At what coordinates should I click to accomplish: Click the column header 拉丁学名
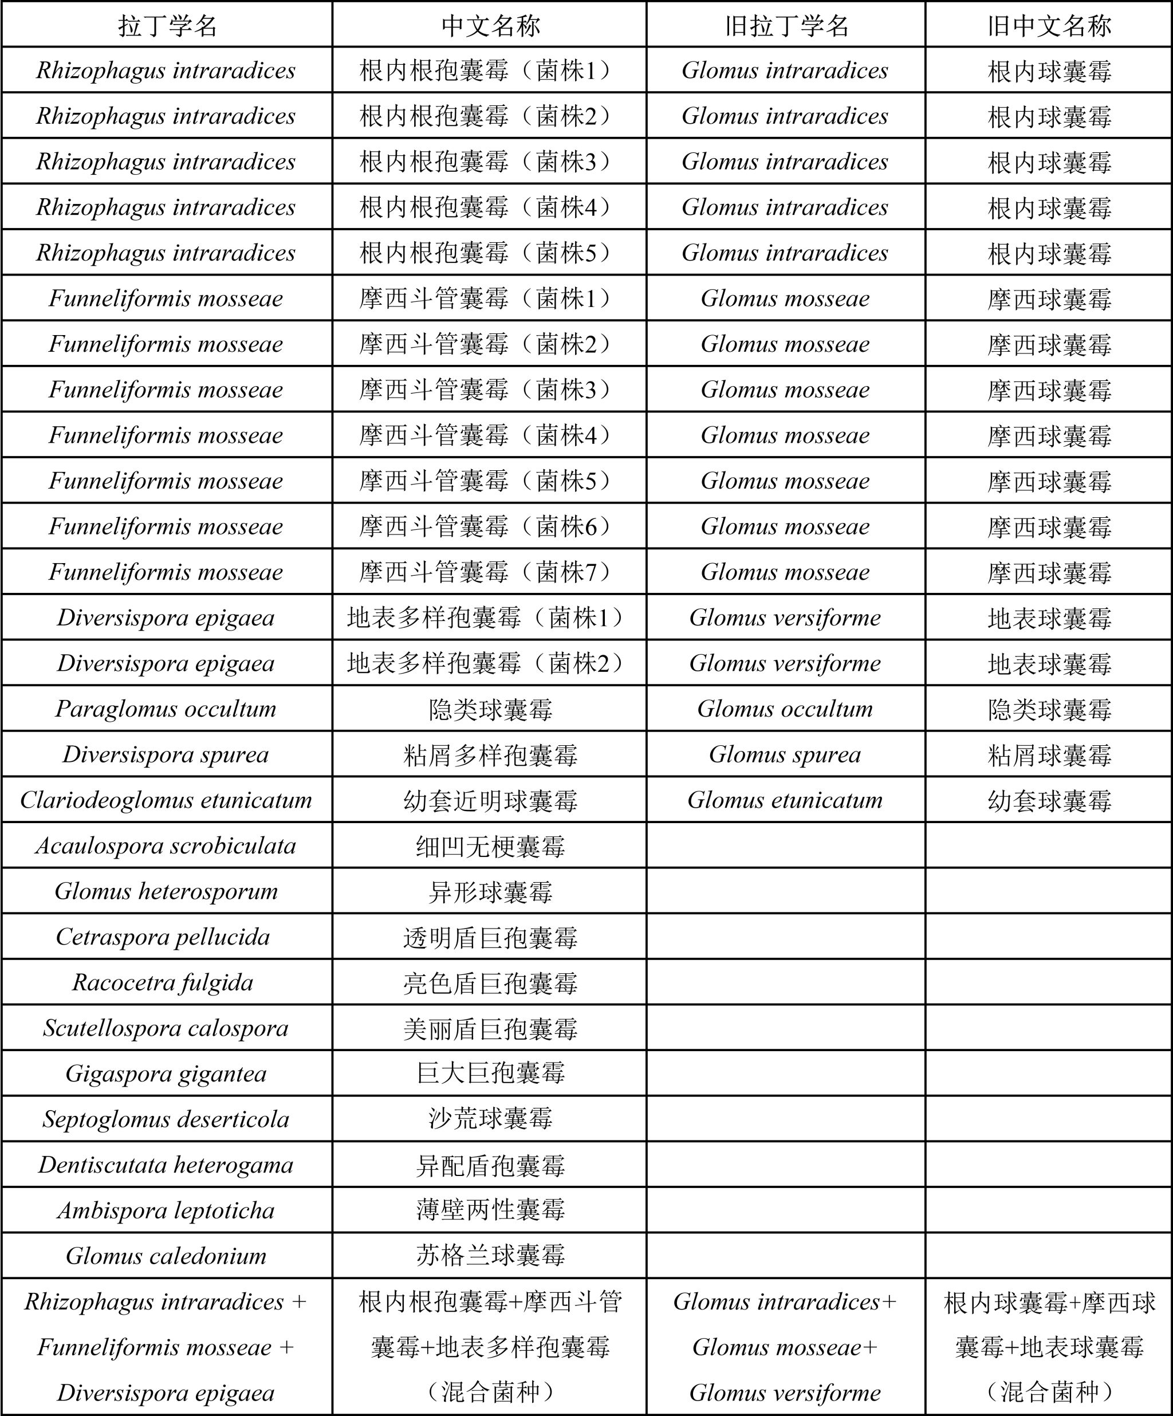click(x=167, y=26)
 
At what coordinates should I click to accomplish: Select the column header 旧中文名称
click(x=1049, y=26)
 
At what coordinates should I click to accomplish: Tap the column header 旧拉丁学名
click(x=786, y=26)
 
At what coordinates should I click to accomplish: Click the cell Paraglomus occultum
click(x=166, y=709)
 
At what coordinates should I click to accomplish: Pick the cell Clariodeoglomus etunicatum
click(x=166, y=800)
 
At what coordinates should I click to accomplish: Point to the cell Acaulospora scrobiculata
click(x=166, y=845)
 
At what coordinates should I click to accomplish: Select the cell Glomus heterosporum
click(x=166, y=891)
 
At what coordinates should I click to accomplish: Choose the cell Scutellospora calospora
click(x=166, y=1028)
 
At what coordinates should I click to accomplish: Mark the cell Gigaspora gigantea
click(x=166, y=1073)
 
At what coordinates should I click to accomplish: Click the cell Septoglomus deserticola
click(x=166, y=1119)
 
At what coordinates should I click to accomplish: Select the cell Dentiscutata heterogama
click(x=166, y=1165)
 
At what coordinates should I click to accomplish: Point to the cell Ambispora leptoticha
click(x=166, y=1210)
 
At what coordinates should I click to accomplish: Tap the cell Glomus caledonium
click(x=166, y=1256)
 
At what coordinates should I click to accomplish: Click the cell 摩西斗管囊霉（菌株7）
click(x=490, y=572)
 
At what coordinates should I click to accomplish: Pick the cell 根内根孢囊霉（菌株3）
click(x=490, y=162)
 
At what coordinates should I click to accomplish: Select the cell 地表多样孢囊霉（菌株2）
click(x=490, y=663)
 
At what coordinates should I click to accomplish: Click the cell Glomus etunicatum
click(x=785, y=800)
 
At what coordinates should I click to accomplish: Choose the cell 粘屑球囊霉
click(x=1049, y=754)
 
